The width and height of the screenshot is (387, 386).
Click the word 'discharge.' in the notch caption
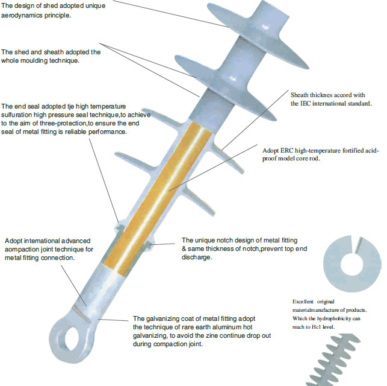[x=196, y=258]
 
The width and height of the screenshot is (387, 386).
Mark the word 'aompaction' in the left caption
[x=23, y=249]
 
